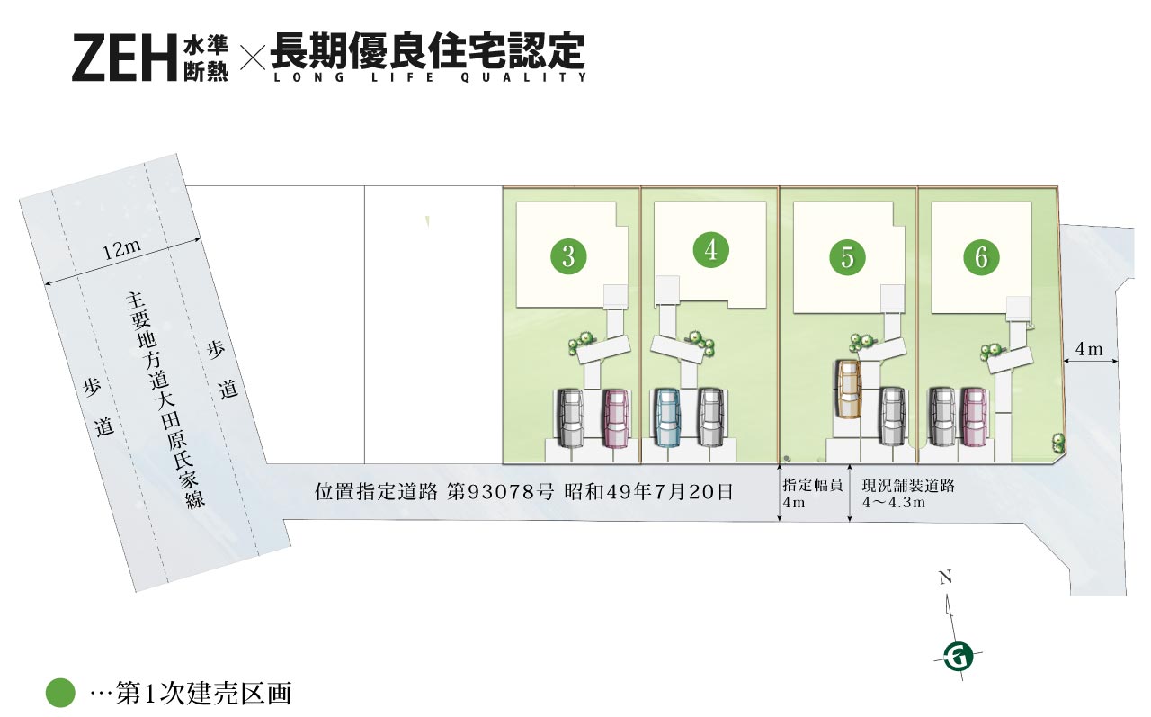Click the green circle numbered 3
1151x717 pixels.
(x=568, y=256)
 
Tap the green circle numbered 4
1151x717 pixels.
(x=711, y=249)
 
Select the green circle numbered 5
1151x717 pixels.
(x=847, y=257)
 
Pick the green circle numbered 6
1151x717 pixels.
(x=981, y=258)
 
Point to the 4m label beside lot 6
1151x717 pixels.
(x=1089, y=349)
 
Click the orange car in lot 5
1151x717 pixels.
(x=847, y=388)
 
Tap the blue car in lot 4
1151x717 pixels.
(x=665, y=417)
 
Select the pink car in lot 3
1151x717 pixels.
(x=615, y=417)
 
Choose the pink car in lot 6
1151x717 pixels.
(x=975, y=417)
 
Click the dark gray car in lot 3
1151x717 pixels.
(x=570, y=417)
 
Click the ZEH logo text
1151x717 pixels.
(x=122, y=58)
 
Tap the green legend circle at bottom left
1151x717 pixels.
(x=60, y=693)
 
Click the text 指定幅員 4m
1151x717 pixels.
(x=812, y=494)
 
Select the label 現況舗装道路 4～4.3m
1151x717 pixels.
(x=907, y=494)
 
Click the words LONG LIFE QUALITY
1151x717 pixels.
(x=429, y=77)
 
